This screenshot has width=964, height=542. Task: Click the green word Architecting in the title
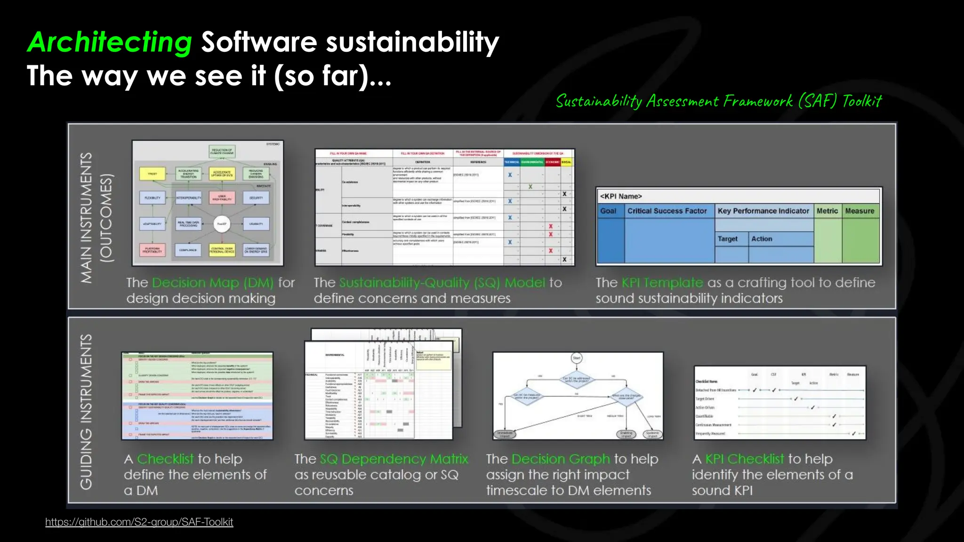(x=109, y=42)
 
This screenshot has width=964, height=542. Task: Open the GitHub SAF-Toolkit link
(x=139, y=522)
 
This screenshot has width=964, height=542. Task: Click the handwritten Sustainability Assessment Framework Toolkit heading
(x=718, y=101)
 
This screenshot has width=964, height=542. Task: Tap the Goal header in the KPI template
(x=608, y=211)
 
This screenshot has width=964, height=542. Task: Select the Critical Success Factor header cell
(x=667, y=211)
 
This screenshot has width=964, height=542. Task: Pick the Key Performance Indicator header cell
(x=763, y=211)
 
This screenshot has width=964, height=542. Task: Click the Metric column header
(x=827, y=211)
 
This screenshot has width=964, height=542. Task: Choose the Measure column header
(x=860, y=211)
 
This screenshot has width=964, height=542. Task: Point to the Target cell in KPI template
(x=728, y=239)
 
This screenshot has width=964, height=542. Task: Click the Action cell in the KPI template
(x=762, y=239)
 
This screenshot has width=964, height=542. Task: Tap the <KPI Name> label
(x=621, y=196)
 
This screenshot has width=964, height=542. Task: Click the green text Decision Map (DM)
(x=213, y=283)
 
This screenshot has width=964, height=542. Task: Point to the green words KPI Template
(x=662, y=283)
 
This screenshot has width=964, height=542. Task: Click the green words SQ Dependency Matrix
(x=394, y=459)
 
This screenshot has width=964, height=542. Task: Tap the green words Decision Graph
(x=560, y=459)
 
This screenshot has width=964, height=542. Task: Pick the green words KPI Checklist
(x=744, y=459)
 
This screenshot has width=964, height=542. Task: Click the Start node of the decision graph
(x=577, y=358)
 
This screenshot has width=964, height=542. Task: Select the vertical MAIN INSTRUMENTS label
(x=87, y=217)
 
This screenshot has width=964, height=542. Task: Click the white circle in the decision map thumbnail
(x=221, y=224)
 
